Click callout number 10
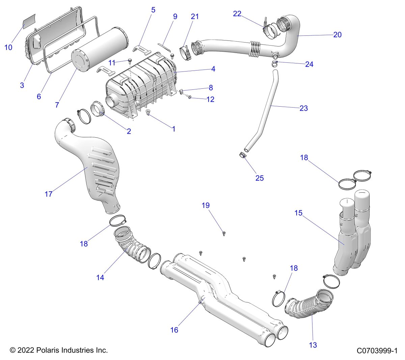(x=8, y=48)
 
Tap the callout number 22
(x=237, y=14)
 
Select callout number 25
(x=260, y=178)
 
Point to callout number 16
(x=174, y=330)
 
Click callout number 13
(x=313, y=345)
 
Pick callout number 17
(x=49, y=194)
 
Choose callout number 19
(x=206, y=205)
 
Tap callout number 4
(x=213, y=69)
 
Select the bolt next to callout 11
(x=130, y=61)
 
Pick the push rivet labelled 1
(x=147, y=112)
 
